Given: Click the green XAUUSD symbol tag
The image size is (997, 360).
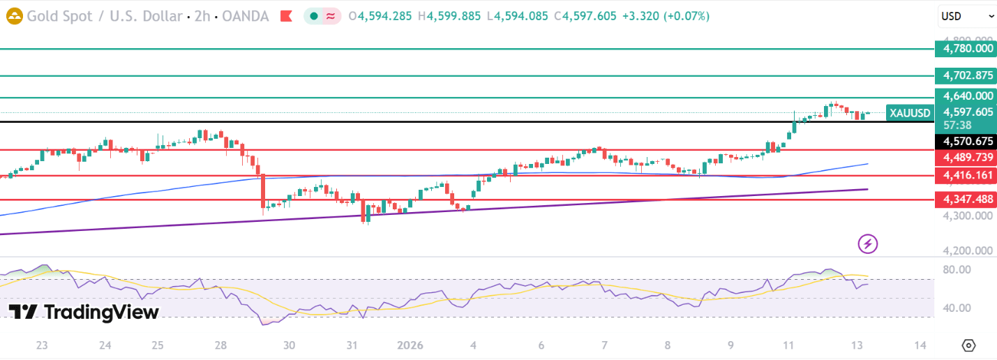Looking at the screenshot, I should tap(910, 113).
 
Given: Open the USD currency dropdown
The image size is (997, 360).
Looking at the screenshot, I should tap(966, 16).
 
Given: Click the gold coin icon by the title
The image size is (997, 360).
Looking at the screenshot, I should tap(14, 16).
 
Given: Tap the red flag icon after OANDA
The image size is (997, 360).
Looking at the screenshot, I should tap(285, 16).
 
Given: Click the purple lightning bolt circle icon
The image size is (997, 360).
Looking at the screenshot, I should tap(868, 243).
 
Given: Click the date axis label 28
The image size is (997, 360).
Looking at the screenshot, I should tap(220, 345).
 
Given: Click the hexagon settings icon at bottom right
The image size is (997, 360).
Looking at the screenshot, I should tap(968, 345).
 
